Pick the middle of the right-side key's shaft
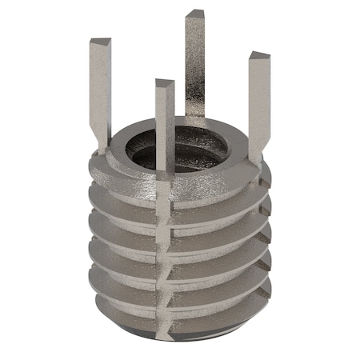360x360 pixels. (254, 104)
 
